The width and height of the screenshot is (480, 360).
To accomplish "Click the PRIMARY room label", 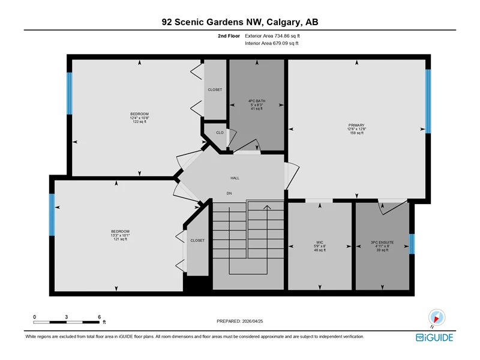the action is [356, 125].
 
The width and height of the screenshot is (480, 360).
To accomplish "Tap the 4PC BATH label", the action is [257, 101].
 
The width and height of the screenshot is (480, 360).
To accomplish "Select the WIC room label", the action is [320, 242].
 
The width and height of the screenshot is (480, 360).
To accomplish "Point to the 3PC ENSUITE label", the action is [382, 242].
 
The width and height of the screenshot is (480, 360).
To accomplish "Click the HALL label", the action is [235, 178].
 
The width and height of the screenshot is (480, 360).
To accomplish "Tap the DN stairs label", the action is [229, 193].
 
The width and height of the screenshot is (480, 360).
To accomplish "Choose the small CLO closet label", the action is [220, 133].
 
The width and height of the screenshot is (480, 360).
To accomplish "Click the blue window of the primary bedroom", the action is [428, 101].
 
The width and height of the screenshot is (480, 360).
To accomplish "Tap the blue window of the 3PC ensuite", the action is [412, 244].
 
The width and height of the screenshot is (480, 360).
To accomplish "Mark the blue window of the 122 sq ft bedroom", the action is [70, 94].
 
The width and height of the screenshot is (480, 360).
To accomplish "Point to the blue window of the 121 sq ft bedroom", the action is [52, 215].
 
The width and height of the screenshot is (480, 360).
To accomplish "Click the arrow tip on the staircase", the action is [267, 206].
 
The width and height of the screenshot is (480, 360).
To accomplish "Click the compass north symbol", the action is [437, 317].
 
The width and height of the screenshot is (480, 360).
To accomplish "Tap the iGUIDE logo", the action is [434, 337].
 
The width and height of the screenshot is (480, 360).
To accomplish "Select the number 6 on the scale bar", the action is [99, 317].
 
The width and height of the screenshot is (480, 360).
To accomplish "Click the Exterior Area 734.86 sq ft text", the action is [272, 36].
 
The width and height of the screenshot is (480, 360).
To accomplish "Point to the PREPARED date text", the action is [239, 321].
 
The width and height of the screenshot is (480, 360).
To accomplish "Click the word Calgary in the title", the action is [283, 22].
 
